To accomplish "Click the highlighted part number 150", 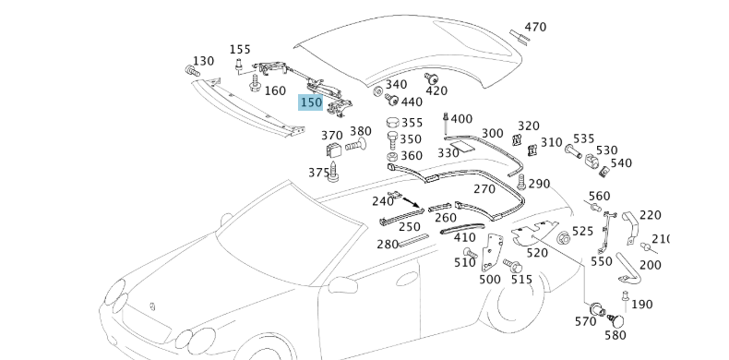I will coord(311,102).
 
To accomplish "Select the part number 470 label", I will coord(535,27).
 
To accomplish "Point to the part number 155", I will coord(240,50).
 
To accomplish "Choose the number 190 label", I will coord(641,304).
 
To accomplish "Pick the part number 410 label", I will coord(465,238).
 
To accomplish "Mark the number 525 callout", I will coord(583,232).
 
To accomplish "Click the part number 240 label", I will coord(382,201).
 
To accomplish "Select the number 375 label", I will coord(318,172).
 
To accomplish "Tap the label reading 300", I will coord(492,134).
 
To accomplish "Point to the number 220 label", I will coord(651,215).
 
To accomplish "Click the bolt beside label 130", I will coord(192,71).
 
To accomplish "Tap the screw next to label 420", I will coord(430,78).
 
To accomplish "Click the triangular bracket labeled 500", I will coord(493,251).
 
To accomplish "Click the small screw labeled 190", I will coord(624,297).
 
